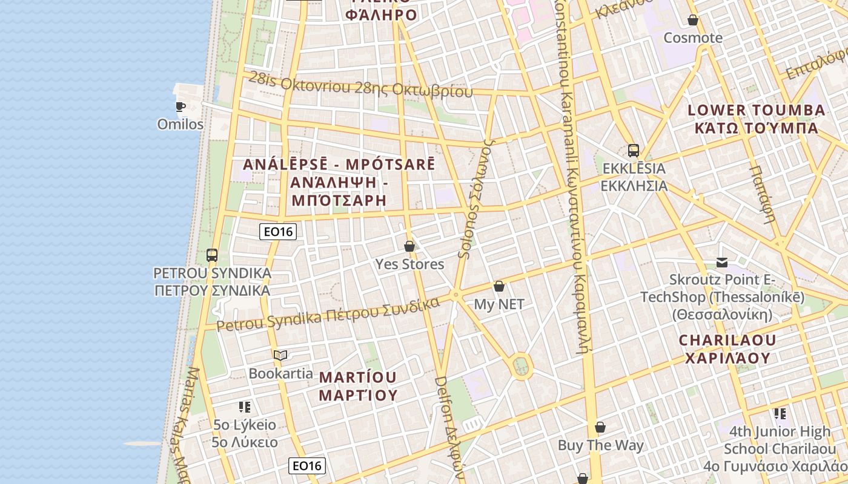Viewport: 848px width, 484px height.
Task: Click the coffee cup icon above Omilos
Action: click(180, 107)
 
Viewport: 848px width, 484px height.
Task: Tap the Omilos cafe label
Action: click(180, 124)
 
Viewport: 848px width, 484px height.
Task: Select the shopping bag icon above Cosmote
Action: click(693, 21)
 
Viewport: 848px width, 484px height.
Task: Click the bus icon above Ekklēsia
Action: click(634, 151)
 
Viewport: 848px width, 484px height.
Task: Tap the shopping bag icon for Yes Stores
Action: click(409, 246)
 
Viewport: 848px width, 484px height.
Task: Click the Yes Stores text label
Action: click(409, 264)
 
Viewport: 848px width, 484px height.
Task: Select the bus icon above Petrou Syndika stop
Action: click(211, 255)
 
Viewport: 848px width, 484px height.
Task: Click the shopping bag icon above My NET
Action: click(499, 286)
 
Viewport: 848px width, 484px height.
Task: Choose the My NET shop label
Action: click(499, 304)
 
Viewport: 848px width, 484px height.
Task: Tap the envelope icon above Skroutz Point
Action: click(722, 263)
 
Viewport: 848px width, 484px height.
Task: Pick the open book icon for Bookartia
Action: click(280, 355)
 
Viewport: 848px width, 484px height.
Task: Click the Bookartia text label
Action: click(280, 373)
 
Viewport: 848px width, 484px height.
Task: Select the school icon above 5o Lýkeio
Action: click(245, 407)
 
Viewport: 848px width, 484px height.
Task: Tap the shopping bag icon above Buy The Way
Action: click(600, 428)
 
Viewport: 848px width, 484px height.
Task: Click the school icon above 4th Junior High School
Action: click(780, 414)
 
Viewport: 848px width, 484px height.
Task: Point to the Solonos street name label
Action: click(476, 200)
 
